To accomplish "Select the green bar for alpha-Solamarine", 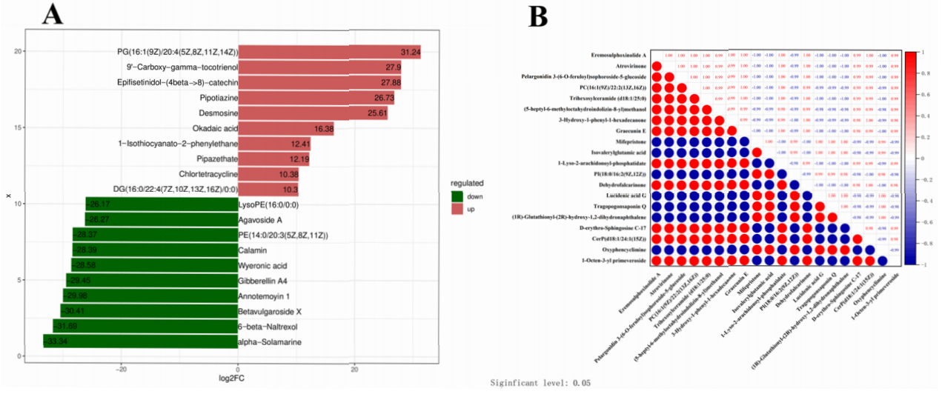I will coord(141,341).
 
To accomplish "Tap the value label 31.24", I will coord(410,53).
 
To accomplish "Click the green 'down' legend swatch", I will coord(459,196).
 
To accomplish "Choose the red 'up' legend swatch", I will coord(459,210).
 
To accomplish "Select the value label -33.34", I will coord(56,341).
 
